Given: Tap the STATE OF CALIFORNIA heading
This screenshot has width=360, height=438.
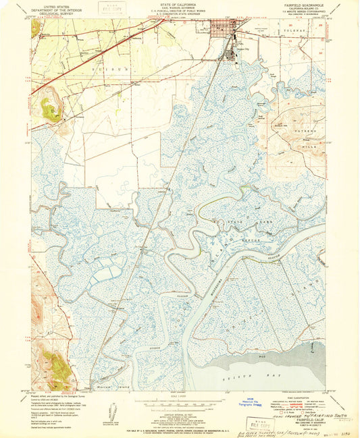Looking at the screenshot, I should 180,4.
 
